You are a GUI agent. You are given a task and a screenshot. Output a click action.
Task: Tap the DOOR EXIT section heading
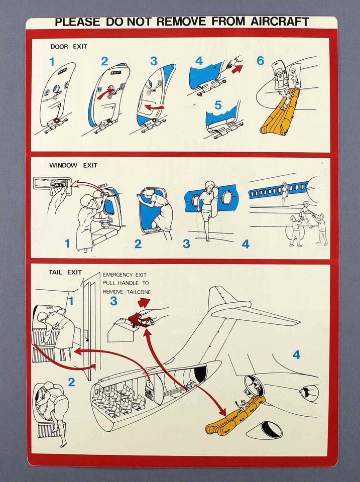[68, 47]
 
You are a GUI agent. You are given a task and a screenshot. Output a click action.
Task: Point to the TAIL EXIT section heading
[65, 273]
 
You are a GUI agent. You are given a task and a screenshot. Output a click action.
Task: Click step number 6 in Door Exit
[260, 61]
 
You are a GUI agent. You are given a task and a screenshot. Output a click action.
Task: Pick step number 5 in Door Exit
[217, 106]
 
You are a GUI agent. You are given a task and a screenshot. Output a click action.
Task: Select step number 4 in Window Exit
[245, 245]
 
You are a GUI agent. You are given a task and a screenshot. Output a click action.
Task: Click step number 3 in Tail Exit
[113, 301]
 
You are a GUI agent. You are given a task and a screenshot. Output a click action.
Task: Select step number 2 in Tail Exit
[71, 382]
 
